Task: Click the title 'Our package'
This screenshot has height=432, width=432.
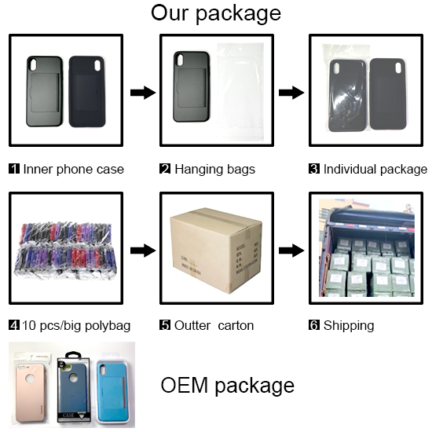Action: tap(216, 13)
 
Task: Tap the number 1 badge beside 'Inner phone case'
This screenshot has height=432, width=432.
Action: tap(14, 169)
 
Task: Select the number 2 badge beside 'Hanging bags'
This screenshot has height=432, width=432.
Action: tap(165, 169)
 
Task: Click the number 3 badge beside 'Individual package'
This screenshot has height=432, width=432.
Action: tap(314, 169)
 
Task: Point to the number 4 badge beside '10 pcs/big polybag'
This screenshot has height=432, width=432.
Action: tap(14, 325)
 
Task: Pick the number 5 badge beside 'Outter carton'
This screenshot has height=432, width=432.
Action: tap(165, 325)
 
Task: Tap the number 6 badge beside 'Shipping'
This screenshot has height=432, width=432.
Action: tap(314, 325)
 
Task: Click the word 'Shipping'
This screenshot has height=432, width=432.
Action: tap(349, 326)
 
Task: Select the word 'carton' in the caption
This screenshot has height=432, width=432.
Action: tap(236, 326)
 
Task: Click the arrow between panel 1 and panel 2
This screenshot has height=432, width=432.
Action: tap(143, 93)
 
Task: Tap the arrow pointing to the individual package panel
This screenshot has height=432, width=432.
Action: tap(291, 93)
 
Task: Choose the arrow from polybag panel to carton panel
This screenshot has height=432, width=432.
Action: tap(143, 251)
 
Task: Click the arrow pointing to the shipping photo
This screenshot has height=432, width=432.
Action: tap(291, 251)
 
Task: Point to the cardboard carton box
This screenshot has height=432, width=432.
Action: tap(216, 250)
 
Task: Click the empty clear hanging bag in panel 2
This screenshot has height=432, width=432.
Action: tap(240, 92)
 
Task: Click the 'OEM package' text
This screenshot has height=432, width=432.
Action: tap(227, 386)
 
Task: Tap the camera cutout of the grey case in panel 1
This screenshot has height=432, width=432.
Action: tap(33, 64)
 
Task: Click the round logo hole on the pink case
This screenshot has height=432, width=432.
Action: tap(30, 379)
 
